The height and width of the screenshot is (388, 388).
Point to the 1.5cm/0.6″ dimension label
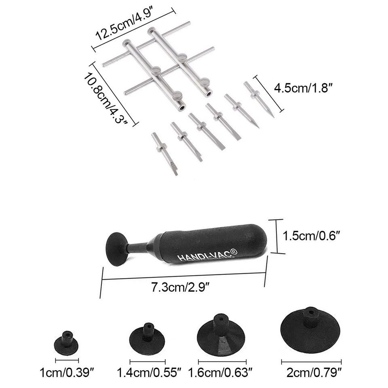311,236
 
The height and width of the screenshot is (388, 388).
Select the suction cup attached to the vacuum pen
116,249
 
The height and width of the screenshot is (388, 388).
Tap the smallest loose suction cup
66,343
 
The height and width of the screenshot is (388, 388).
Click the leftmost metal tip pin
164,154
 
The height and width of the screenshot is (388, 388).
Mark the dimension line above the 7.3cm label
184,276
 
